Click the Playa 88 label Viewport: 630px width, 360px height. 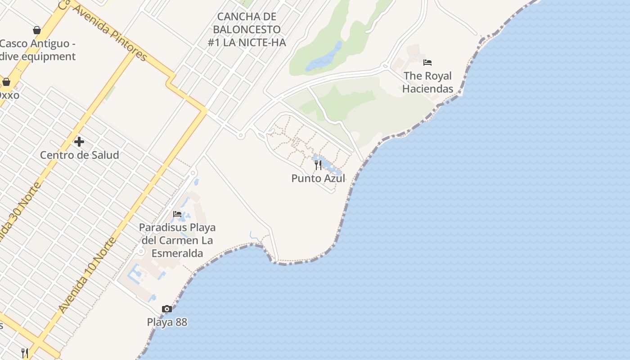[x=167, y=322]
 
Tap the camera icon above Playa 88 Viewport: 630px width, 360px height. [x=167, y=309]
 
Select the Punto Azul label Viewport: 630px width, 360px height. [x=318, y=178]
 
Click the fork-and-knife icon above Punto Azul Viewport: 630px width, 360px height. [x=318, y=165]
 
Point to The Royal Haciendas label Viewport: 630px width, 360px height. [x=427, y=82]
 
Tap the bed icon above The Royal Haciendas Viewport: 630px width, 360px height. [x=427, y=63]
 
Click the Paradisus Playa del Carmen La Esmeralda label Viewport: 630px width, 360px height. [x=177, y=240]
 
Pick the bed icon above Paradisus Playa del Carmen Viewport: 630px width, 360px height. [x=177, y=214]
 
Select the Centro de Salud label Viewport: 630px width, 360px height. [x=80, y=155]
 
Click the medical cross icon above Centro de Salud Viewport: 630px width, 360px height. [x=79, y=142]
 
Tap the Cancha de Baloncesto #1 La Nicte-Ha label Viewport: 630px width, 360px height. [x=247, y=30]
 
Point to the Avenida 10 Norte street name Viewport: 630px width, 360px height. [x=87, y=275]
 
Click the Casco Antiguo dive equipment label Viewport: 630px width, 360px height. [x=38, y=50]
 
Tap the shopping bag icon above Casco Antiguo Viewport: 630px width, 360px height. [x=37, y=30]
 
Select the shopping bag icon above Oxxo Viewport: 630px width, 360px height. [x=6, y=82]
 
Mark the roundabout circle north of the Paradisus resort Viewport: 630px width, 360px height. [x=193, y=173]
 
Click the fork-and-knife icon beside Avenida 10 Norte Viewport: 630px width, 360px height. [x=25, y=353]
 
